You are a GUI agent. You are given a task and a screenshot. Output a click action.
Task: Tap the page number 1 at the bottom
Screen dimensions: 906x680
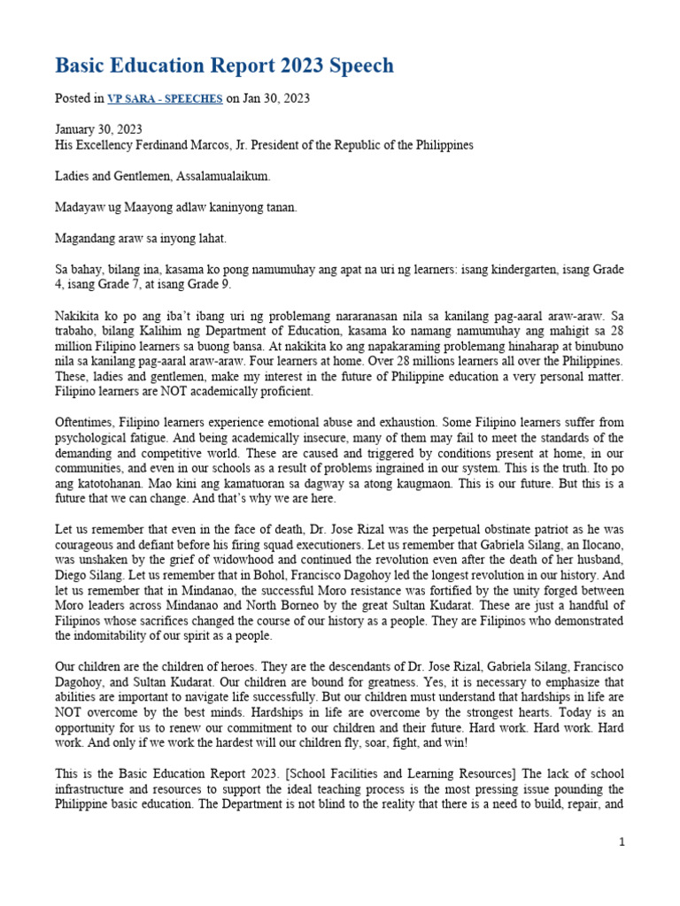click(x=622, y=842)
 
